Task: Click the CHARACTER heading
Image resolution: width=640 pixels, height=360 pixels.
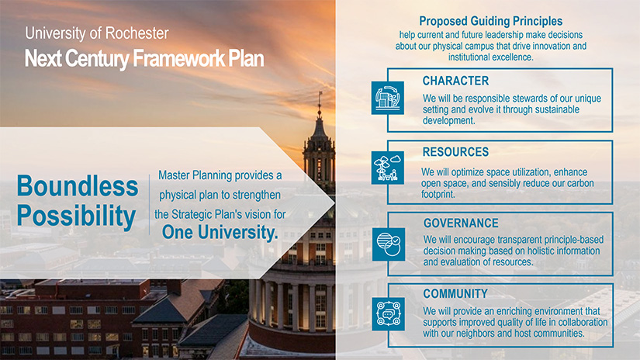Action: (x=455, y=81)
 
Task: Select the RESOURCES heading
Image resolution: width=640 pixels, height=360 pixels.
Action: (x=455, y=152)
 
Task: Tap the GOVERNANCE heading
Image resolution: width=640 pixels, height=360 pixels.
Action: (x=461, y=223)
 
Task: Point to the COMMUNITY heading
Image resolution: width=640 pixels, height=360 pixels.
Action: (x=455, y=294)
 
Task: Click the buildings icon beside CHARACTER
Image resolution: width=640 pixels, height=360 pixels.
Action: (x=388, y=98)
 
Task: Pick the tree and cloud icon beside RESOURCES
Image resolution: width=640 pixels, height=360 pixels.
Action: (x=388, y=168)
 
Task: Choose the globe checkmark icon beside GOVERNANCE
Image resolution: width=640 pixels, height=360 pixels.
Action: (x=389, y=244)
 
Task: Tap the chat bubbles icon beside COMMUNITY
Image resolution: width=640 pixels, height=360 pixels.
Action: (x=388, y=314)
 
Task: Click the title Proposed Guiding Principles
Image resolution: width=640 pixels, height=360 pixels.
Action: (x=490, y=21)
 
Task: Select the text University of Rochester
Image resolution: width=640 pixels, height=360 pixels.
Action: (x=97, y=33)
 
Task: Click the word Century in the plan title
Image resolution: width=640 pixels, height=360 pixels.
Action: (x=97, y=59)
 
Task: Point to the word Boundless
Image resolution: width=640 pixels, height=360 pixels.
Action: (x=78, y=186)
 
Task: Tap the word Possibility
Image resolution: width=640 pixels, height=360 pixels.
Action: (x=76, y=216)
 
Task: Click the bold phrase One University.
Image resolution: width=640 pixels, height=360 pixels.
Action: (x=220, y=232)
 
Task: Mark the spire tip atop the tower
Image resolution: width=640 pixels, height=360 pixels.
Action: (x=320, y=92)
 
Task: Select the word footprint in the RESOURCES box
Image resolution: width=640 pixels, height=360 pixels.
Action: (x=438, y=194)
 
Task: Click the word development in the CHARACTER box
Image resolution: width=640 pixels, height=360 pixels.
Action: (x=448, y=121)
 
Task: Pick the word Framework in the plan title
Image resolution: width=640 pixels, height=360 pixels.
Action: (x=178, y=59)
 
